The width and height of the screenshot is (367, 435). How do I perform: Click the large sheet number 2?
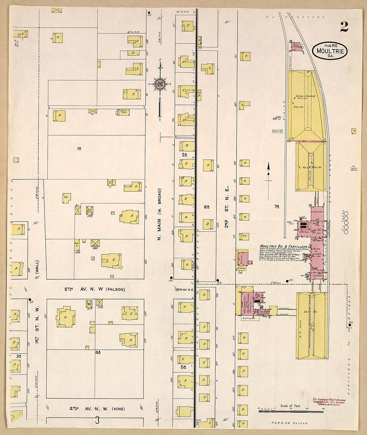pyautogui.click(x=344, y=27)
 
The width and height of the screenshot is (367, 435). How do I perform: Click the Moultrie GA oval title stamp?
pyautogui.click(x=330, y=51)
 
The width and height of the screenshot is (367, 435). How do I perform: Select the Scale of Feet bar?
pyautogui.click(x=291, y=411)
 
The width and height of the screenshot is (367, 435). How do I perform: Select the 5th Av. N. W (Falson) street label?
pyautogui.click(x=95, y=289)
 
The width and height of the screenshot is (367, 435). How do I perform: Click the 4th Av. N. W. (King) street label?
pyautogui.click(x=97, y=409)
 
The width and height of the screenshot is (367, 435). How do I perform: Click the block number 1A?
pyautogui.click(x=79, y=148)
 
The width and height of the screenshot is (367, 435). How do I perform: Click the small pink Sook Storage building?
pyautogui.click(x=296, y=46)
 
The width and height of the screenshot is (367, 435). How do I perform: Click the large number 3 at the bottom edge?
pyautogui.click(x=97, y=420)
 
